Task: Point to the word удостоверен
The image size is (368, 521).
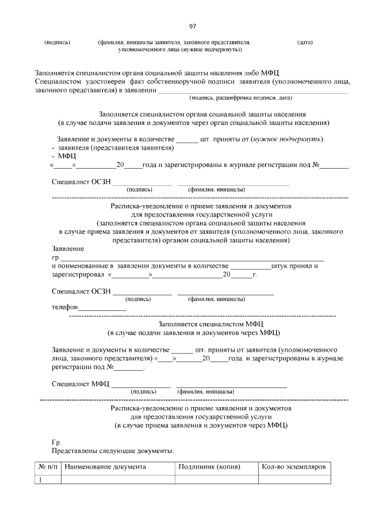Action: [x=99, y=82]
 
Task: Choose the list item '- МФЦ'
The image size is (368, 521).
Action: [x=64, y=156]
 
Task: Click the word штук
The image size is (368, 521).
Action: [x=282, y=266]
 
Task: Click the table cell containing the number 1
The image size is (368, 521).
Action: [x=42, y=480]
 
